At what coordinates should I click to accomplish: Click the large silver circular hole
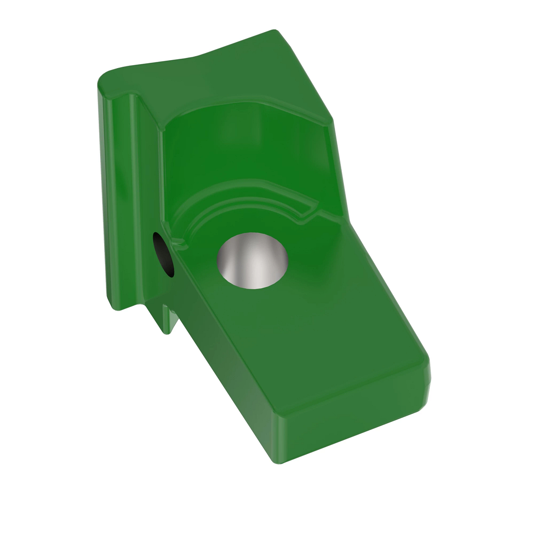(x=252, y=260)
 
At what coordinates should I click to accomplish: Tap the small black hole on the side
(x=163, y=254)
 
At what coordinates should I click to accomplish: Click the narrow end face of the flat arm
(x=356, y=427)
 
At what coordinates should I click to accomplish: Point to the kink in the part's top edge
(x=196, y=57)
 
